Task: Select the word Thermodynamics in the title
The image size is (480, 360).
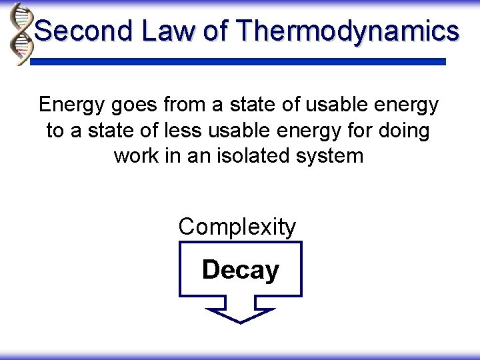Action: (x=347, y=31)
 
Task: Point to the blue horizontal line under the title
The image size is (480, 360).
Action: (x=239, y=61)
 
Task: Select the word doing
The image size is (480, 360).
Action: (x=403, y=131)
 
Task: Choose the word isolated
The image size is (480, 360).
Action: (x=251, y=157)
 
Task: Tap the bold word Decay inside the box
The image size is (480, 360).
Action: (x=240, y=271)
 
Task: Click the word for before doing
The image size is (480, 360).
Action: (x=356, y=131)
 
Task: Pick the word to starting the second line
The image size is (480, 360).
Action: (x=55, y=131)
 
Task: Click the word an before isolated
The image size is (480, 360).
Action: (x=205, y=157)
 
